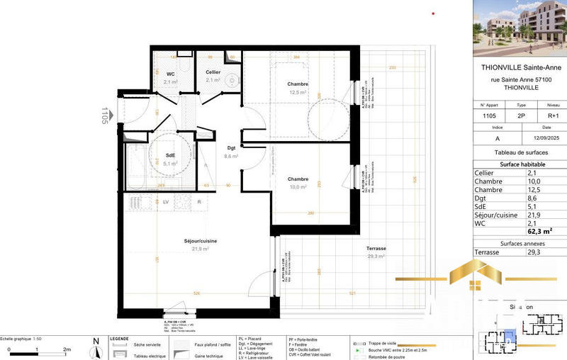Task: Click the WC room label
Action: (170, 74)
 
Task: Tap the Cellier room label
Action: (213, 72)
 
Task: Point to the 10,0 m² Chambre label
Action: (297, 183)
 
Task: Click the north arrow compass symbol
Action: (96, 347)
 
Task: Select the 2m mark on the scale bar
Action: (67, 349)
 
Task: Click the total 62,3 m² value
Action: (539, 231)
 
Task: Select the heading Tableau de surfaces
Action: (520, 152)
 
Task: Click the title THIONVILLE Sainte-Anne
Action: (520, 68)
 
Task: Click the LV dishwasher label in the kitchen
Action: (166, 202)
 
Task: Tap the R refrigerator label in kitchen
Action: (199, 202)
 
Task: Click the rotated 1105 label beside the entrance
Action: (105, 116)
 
